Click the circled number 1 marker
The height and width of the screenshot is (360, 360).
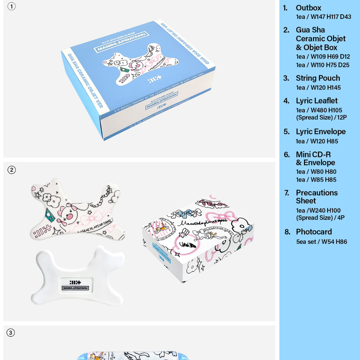pos(12,7)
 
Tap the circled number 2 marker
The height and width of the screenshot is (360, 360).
pos(12,170)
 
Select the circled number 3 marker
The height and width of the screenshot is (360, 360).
pos(11,333)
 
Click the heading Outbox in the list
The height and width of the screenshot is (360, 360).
pos(308,8)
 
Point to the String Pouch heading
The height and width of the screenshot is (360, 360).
pos(318,78)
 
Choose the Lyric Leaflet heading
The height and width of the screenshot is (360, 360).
pos(316,101)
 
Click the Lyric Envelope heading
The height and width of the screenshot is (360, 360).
pos(320,132)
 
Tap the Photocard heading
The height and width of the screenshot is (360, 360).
pos(313,232)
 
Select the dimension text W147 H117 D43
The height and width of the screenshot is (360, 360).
pos(323,17)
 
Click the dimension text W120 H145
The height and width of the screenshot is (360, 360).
pos(318,88)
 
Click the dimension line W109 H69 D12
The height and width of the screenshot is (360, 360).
pos(323,57)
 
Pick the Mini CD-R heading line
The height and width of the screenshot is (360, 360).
pos(313,155)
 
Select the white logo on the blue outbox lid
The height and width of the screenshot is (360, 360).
pos(153,80)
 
